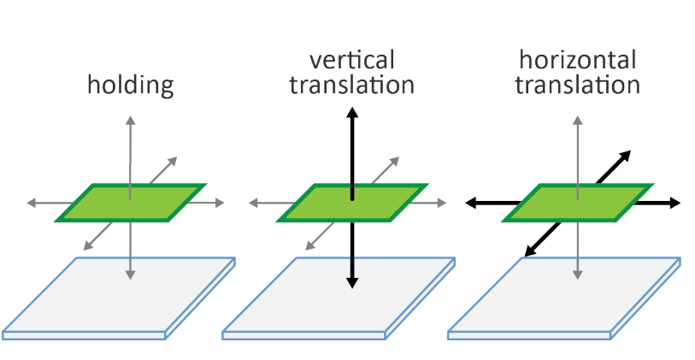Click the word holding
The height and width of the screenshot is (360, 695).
pyautogui.click(x=131, y=86)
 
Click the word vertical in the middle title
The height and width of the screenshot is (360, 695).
pyautogui.click(x=352, y=61)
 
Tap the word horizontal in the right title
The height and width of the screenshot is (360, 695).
pyautogui.click(x=578, y=61)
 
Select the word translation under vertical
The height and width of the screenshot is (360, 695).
pyautogui.click(x=351, y=86)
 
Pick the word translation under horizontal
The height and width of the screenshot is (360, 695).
pyautogui.click(x=578, y=86)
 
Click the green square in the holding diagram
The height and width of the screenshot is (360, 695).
pyautogui.click(x=131, y=202)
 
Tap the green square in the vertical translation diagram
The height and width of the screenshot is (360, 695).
pyautogui.click(x=352, y=202)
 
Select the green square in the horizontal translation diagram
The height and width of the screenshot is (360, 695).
pyautogui.click(x=577, y=202)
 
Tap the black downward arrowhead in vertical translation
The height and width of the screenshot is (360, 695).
pyautogui.click(x=351, y=282)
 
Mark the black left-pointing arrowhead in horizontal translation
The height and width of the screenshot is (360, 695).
pyautogui.click(x=471, y=203)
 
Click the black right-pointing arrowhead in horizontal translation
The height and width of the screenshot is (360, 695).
pyautogui.click(x=675, y=203)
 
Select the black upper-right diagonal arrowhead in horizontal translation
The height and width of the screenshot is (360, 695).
pyautogui.click(x=626, y=154)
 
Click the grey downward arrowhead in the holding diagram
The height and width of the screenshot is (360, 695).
pyautogui.click(x=130, y=274)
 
